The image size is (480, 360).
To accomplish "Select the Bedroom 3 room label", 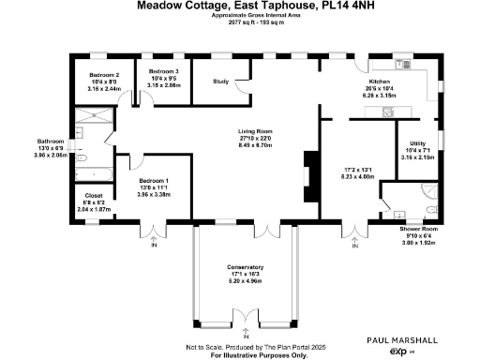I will [164, 70].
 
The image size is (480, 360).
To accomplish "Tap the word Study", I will [221, 82].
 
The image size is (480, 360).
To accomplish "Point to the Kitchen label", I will [379, 82].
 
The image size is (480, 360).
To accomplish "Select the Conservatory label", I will [245, 267].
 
